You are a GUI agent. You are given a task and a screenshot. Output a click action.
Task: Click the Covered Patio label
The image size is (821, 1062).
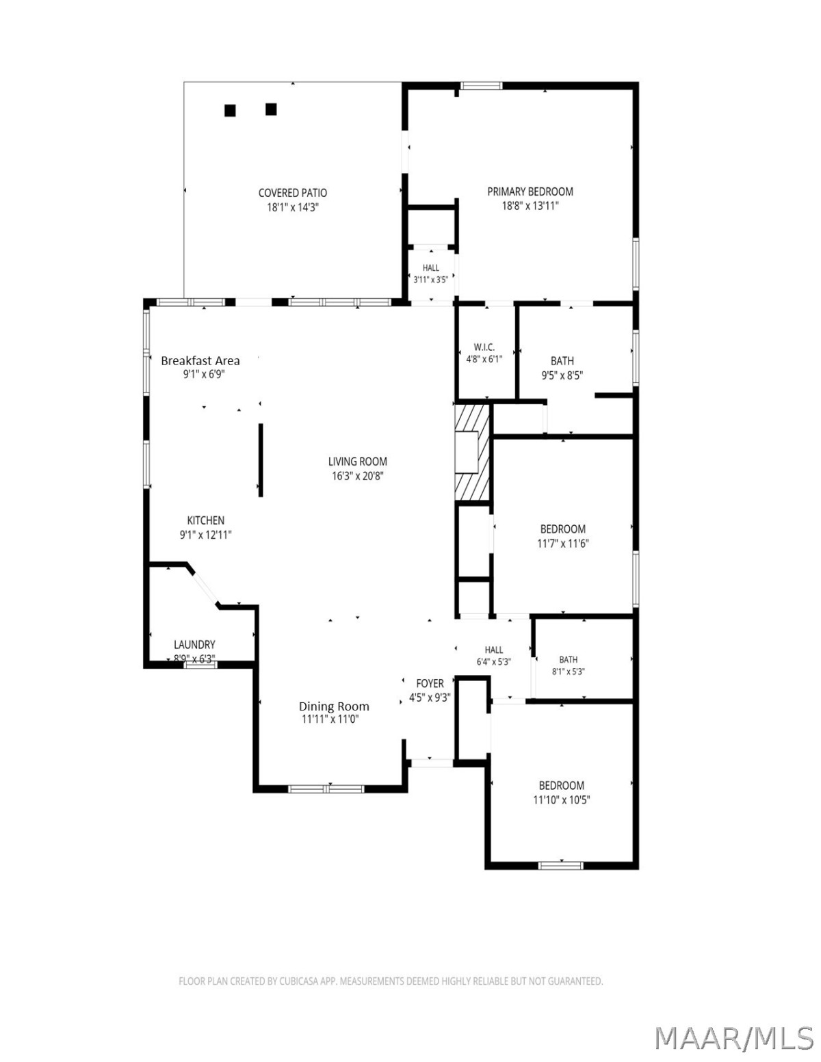click(292, 193)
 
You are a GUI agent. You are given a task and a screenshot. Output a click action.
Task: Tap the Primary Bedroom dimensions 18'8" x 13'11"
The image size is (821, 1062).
click(530, 206)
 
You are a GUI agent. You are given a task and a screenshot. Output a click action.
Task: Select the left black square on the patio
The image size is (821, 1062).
click(230, 111)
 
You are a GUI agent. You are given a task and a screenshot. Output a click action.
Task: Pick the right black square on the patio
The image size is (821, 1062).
click(271, 109)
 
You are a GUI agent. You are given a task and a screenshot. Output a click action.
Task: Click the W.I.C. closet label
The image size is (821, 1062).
click(484, 347)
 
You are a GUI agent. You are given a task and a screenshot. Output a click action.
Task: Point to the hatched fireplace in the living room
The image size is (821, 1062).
click(472, 452)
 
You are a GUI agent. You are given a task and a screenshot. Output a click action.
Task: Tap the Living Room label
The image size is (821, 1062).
click(357, 462)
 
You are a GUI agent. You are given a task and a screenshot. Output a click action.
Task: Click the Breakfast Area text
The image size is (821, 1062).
click(200, 361)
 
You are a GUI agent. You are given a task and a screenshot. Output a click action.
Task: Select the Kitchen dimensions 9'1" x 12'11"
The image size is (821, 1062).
click(205, 535)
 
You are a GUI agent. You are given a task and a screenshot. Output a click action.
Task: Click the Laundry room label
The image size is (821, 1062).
click(194, 645)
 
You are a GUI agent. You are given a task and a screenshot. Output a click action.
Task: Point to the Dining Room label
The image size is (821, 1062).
click(334, 706)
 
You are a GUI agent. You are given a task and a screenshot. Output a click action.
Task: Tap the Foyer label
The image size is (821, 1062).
click(430, 683)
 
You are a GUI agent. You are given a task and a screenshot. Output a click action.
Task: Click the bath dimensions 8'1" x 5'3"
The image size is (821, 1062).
click(568, 672)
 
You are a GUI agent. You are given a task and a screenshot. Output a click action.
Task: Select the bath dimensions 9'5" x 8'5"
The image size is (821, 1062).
click(562, 375)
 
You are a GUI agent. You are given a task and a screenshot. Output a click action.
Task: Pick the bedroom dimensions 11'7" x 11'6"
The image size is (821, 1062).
click(563, 543)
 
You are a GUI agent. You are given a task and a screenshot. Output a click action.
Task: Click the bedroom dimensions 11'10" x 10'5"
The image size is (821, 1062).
click(561, 800)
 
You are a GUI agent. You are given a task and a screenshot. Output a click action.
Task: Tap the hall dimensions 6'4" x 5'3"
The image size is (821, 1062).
click(494, 662)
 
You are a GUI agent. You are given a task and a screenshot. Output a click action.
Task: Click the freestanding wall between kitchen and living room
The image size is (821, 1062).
click(261, 460)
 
